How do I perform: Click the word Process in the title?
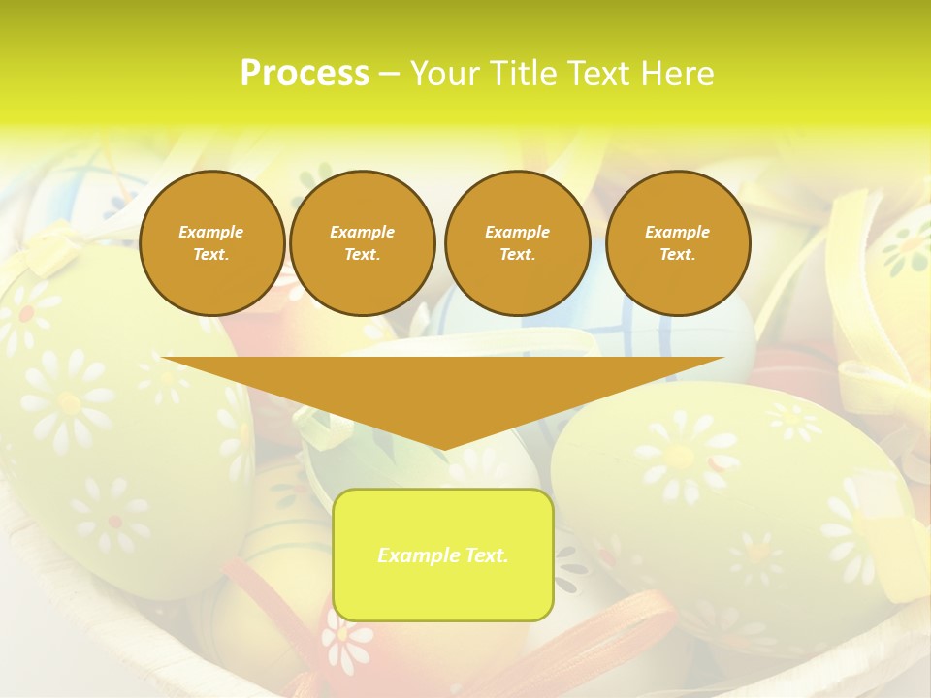[305, 74]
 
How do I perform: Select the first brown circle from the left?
[212, 243]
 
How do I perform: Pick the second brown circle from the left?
[363, 243]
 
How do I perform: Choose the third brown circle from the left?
[518, 243]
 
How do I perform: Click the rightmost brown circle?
[678, 243]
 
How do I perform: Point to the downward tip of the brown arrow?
[443, 448]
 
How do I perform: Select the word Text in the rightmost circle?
[677, 255]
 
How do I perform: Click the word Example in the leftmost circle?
[211, 232]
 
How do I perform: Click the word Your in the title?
[445, 74]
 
